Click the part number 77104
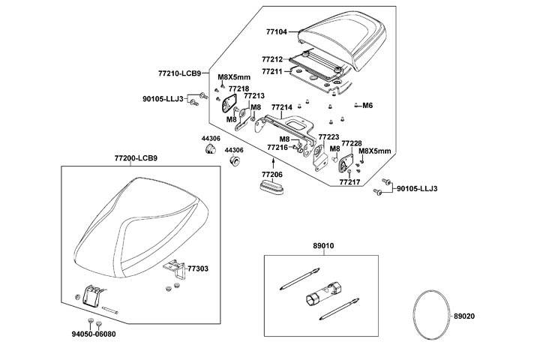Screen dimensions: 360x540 pos(277,32)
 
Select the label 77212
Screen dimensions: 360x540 pos(272,58)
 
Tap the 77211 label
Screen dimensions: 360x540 pos(272,71)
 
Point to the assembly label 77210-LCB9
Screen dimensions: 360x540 pos(178,73)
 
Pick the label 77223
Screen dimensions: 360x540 pos(328,137)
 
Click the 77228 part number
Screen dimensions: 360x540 pos(352,142)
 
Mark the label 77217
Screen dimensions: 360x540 pos(349,181)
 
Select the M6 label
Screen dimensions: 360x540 pos(367,106)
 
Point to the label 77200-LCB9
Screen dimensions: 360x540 pos(136,158)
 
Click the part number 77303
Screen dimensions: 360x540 pos(198,268)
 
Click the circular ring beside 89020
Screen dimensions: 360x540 pos(430,315)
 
